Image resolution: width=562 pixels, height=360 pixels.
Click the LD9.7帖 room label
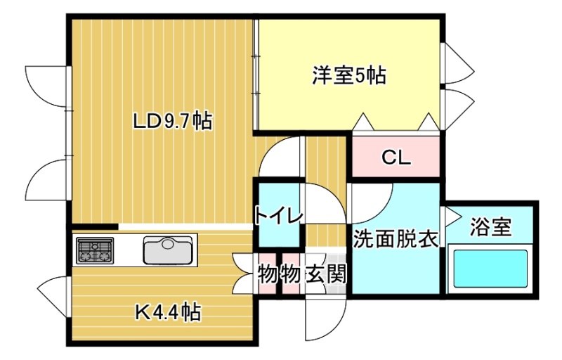click(x=172, y=121)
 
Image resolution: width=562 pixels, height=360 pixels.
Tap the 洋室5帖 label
click(x=349, y=75)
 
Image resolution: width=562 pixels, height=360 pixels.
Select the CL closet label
click(x=396, y=157)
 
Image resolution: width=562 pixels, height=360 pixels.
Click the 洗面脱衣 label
click(x=396, y=239)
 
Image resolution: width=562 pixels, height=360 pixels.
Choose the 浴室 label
click(x=490, y=226)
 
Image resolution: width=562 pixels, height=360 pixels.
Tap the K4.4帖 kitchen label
click(x=168, y=312)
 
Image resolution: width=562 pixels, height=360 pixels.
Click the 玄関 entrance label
click(x=326, y=274)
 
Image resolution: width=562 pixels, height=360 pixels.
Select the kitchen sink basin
click(x=167, y=250)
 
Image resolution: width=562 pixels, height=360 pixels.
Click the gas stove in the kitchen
click(x=95, y=250)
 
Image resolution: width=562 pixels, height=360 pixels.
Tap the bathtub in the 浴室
click(x=490, y=269)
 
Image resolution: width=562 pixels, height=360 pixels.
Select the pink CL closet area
click(x=396, y=156)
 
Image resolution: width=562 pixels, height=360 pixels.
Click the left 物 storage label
click(x=268, y=274)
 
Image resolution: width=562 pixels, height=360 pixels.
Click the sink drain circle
click(x=167, y=244)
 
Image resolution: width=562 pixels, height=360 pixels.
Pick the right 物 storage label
click(x=291, y=274)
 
